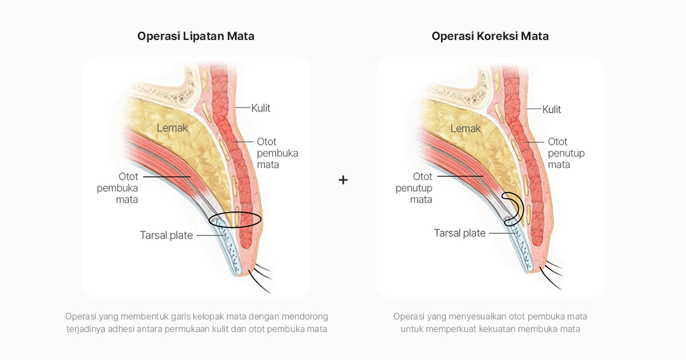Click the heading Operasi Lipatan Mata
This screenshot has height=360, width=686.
[196, 36]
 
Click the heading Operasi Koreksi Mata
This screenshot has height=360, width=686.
[490, 36]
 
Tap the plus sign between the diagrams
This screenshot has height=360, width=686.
[343, 180]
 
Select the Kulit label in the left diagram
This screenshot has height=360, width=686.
[261, 108]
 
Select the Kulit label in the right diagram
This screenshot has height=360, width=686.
[552, 109]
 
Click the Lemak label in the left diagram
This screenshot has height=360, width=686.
[172, 128]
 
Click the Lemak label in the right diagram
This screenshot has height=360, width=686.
[465, 129]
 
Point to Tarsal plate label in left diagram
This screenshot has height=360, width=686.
[166, 235]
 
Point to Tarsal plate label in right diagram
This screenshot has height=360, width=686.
[460, 233]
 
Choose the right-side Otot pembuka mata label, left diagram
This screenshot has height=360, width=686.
[277, 153]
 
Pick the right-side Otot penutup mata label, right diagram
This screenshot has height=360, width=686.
[566, 153]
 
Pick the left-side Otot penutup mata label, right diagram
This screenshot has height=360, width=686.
[414, 188]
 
